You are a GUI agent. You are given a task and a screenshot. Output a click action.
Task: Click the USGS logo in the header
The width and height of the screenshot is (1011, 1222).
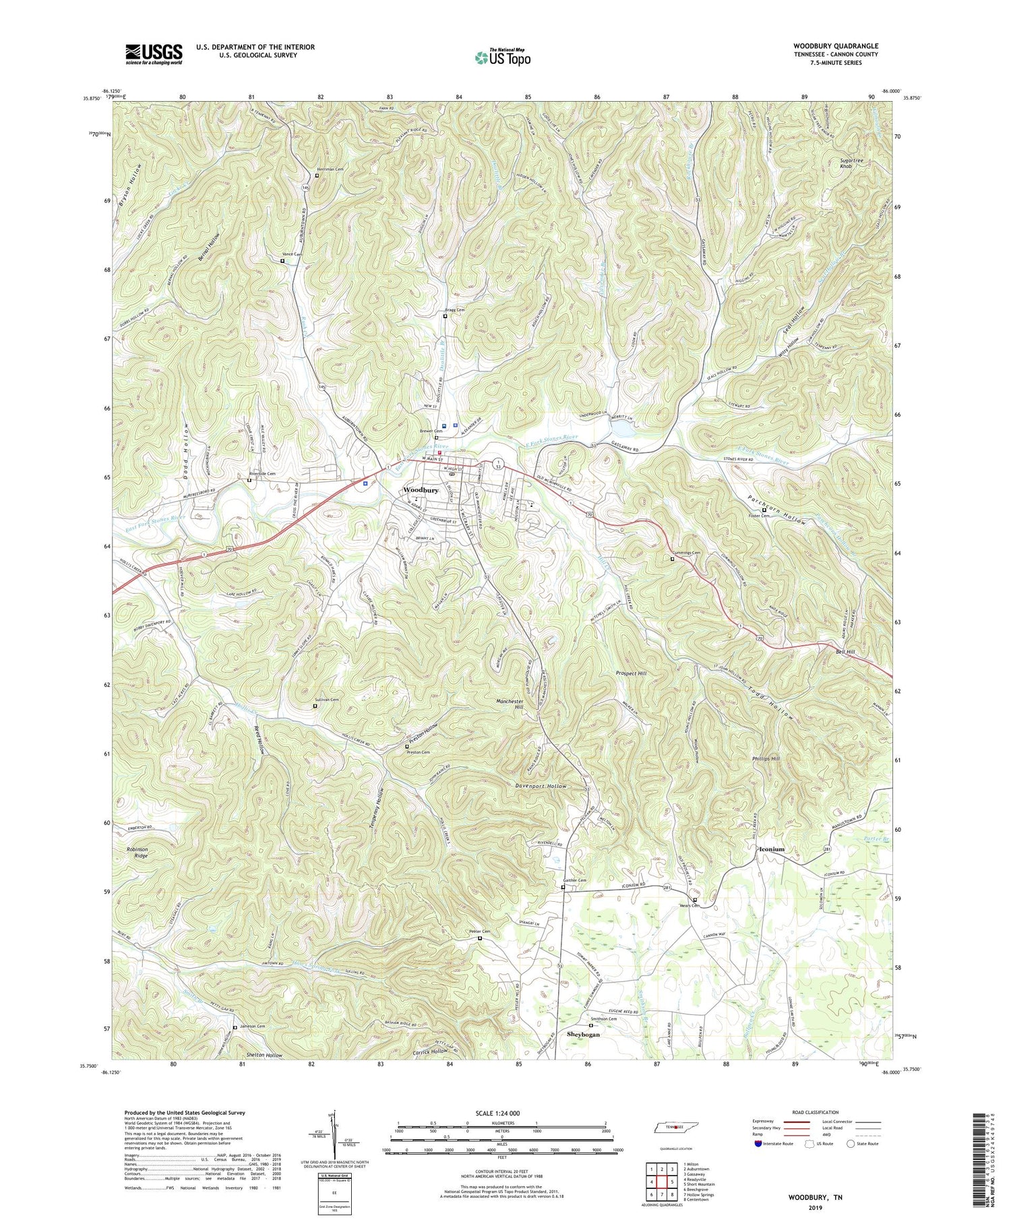(154, 54)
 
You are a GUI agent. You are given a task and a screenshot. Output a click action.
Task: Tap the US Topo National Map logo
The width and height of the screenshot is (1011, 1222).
(502, 57)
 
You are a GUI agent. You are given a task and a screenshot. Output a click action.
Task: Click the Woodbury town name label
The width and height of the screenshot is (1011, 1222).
(421, 490)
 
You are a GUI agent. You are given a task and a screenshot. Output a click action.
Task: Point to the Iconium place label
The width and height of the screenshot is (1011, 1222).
(772, 849)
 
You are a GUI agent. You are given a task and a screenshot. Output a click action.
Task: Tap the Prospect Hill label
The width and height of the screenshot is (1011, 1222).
(631, 673)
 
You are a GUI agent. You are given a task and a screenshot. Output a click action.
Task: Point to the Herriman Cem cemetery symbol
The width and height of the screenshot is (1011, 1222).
(317, 176)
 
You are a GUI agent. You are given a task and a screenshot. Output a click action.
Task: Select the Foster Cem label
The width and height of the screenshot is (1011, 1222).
(759, 516)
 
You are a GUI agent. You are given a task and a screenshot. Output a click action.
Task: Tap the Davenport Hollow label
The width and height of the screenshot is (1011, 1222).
(542, 786)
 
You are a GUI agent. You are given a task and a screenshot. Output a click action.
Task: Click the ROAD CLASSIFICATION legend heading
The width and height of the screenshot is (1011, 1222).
(816, 1112)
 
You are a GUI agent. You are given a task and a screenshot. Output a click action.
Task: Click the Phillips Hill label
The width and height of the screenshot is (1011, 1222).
(765, 759)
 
